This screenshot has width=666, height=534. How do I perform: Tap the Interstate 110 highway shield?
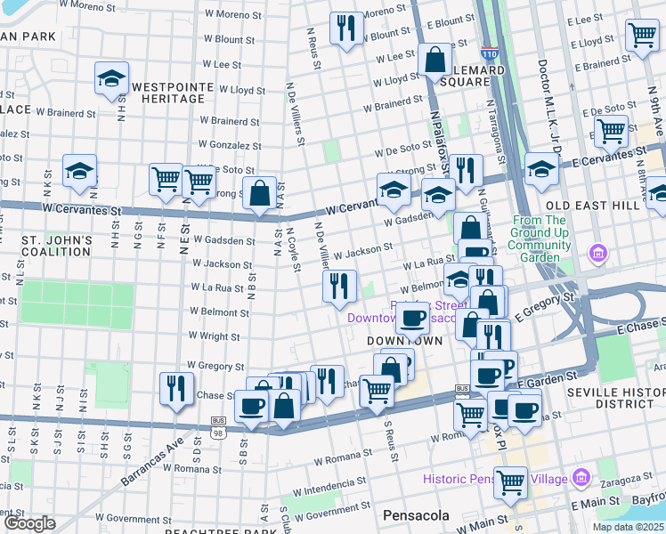pos(489,54)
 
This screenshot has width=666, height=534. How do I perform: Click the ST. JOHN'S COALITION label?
pos(57,247)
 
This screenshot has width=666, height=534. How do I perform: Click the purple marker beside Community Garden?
pos(597,255)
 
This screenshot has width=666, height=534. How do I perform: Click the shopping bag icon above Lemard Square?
pos(435,60)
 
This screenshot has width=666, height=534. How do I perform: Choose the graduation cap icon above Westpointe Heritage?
pos(112,78)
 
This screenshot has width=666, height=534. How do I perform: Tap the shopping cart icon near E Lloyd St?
pos(641,36)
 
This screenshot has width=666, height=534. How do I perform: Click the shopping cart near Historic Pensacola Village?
pos(511,482)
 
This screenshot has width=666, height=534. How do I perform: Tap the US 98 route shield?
pos(218,431)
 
